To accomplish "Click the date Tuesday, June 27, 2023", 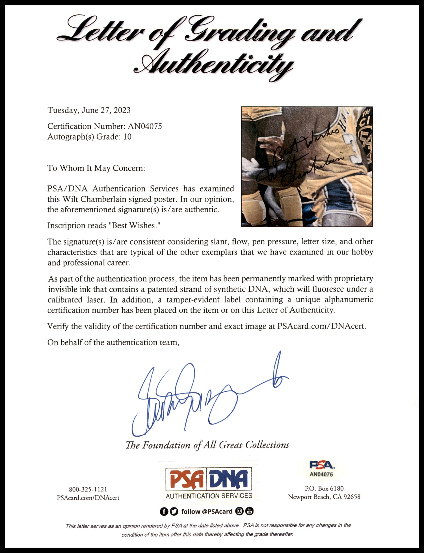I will (89, 110).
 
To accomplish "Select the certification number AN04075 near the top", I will (144, 126).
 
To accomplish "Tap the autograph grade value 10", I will (127, 137).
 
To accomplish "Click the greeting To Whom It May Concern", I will (96, 168).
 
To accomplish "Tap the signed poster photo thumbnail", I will (307, 167).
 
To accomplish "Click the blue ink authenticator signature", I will (198, 396).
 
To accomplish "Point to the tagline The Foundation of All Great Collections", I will (207, 445).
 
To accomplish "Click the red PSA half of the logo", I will (187, 479).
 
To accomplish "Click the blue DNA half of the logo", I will (230, 479).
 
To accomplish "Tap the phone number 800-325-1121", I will (88, 489).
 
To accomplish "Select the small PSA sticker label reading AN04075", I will (321, 469).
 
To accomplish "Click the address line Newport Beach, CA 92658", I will (324, 497).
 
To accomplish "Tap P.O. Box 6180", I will (324, 489).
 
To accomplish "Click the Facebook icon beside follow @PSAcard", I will (163, 511).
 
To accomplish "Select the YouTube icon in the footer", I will (250, 511).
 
